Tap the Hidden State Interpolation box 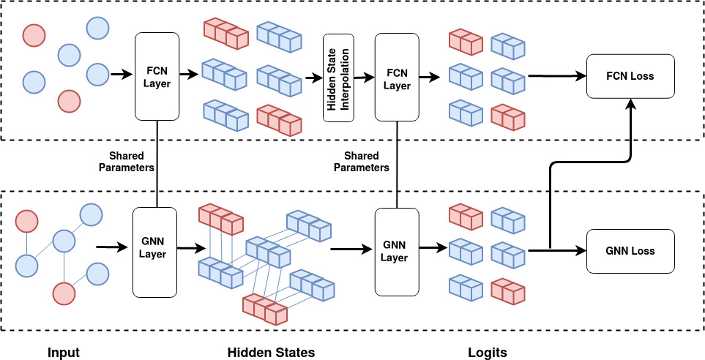point(338,78)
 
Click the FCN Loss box point(630,76)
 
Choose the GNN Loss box point(630,251)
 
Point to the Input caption point(64,353)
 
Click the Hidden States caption point(271,353)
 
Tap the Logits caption point(487,353)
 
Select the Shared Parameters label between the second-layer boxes point(361,162)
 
